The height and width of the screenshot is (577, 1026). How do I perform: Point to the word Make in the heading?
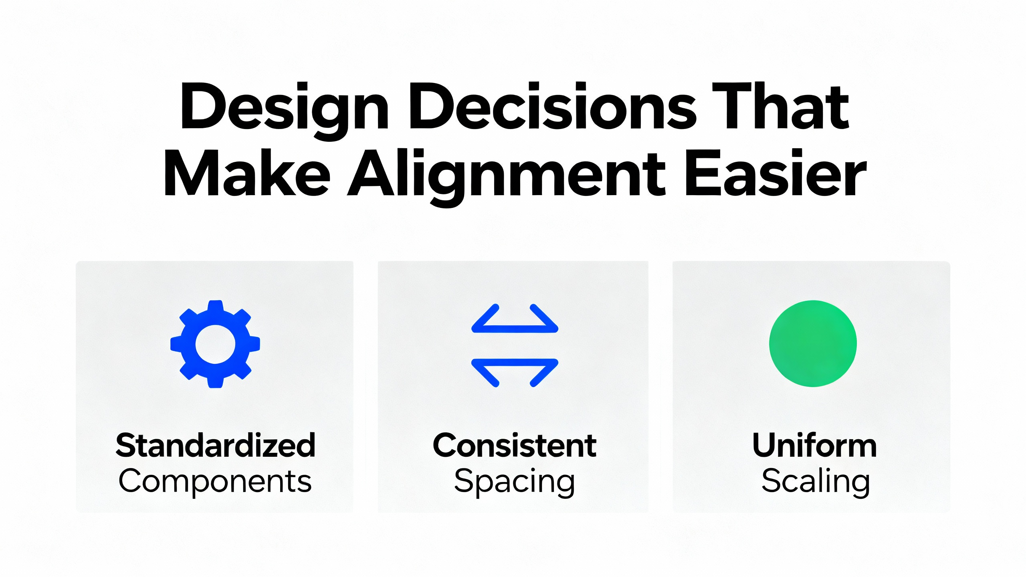tap(247, 172)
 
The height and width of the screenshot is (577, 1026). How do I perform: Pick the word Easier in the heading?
tap(776, 172)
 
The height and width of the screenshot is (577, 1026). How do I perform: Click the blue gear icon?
tap(215, 344)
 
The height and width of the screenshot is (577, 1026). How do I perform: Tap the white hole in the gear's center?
tap(215, 344)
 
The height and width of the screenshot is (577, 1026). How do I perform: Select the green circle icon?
tap(813, 343)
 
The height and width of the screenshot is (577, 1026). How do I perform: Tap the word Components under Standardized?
tap(215, 482)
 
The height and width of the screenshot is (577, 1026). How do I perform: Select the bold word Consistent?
tap(515, 445)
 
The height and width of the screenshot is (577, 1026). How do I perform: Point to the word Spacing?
tap(515, 482)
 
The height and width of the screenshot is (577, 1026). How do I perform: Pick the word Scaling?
tap(816, 482)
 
